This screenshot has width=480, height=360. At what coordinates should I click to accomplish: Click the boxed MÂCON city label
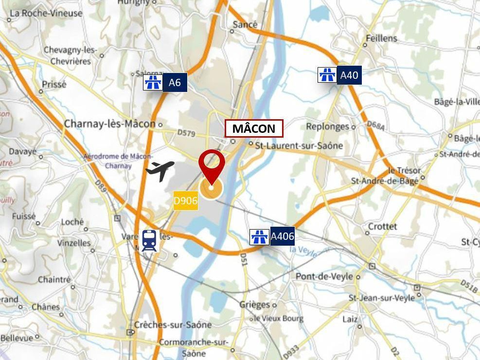(253, 128)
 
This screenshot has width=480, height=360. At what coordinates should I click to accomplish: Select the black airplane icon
(160, 171)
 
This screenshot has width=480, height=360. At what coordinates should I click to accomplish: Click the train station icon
(149, 241)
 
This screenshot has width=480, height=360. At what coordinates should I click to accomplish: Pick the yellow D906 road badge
(186, 200)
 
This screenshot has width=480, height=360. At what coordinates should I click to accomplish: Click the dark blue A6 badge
(175, 83)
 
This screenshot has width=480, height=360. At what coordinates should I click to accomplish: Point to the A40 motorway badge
(349, 75)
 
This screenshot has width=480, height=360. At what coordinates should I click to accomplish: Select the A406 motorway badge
(282, 237)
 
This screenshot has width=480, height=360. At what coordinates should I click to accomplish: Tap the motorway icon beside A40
(327, 75)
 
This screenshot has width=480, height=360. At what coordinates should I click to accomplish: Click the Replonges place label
(327, 127)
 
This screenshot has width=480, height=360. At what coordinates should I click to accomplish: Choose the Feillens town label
(381, 38)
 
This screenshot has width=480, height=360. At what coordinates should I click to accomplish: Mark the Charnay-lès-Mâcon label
(109, 124)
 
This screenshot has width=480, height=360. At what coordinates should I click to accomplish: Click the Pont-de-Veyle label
(324, 276)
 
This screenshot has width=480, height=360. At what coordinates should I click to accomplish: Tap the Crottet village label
(382, 227)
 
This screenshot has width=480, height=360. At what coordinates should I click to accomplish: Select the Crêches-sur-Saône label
(173, 324)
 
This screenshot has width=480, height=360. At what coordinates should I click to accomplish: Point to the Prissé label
(53, 84)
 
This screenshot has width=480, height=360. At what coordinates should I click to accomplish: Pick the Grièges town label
(254, 305)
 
